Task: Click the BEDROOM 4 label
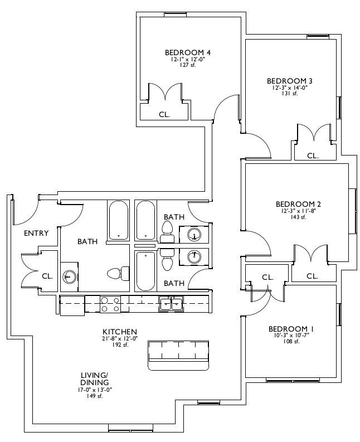188,52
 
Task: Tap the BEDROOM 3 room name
290,81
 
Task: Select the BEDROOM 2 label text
299,204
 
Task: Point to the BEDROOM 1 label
291,329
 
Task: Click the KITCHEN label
120,332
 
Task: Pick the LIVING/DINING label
94,379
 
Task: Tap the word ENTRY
36,233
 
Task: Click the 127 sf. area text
188,65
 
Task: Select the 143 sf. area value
299,217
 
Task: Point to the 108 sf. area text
291,341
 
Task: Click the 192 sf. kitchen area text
120,344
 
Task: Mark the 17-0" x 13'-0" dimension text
94,390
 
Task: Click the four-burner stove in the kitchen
110,304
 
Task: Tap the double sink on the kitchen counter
171,304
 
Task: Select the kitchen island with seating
179,356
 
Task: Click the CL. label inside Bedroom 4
164,114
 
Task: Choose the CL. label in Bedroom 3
313,156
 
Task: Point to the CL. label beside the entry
47,276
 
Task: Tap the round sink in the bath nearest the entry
69,276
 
